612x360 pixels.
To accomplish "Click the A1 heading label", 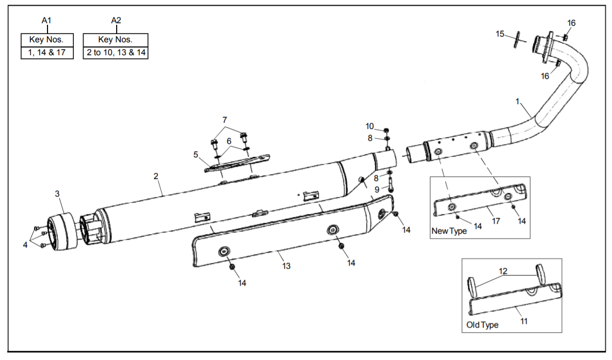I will (x=46, y=20).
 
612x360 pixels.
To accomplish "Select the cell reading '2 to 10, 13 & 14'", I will (x=116, y=53).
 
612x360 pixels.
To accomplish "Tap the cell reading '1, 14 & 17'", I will (x=47, y=53).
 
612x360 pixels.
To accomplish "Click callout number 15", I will (x=500, y=34).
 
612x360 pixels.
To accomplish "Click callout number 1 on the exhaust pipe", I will (x=517, y=102).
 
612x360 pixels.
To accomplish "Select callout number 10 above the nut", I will (x=369, y=126).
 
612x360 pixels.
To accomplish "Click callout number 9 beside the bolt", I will (x=377, y=189).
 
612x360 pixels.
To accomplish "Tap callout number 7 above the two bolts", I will (x=224, y=120).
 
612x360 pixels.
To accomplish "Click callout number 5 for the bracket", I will (x=196, y=154).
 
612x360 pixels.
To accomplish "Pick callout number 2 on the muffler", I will (x=156, y=176).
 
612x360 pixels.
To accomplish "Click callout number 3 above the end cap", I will (x=57, y=193).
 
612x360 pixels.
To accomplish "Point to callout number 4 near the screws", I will (x=26, y=244).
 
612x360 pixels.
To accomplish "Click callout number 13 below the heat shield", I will (x=286, y=266).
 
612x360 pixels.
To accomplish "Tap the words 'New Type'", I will (x=449, y=231).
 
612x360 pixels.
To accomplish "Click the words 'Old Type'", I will (x=482, y=325).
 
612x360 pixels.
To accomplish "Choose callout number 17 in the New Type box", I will (x=495, y=221).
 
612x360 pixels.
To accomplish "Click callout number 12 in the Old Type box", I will (x=503, y=271).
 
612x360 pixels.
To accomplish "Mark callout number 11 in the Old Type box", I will (x=524, y=321).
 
